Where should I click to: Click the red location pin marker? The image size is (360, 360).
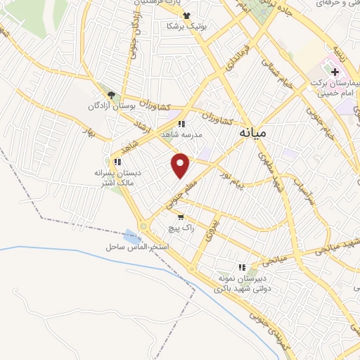tap(181, 166)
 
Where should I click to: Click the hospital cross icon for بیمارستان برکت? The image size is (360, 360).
tap(335, 72)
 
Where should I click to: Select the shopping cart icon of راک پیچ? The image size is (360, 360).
tap(181, 217)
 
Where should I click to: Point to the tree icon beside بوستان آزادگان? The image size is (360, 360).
tap(110, 95)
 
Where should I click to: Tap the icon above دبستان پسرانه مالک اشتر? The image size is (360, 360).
tap(117, 162)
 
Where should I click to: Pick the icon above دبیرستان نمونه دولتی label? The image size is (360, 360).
tap(242, 267)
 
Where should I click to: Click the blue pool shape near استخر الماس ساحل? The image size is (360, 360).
tap(131, 237)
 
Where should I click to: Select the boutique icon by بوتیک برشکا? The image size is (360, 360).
tap(186, 15)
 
